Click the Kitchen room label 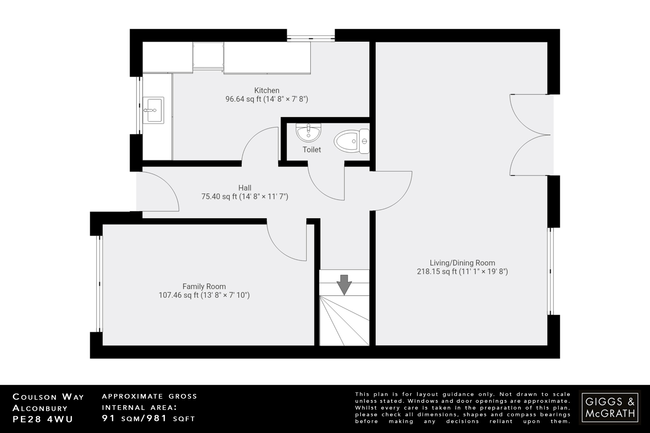tap(267, 90)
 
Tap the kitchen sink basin tap(154, 110)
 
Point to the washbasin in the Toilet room tap(308, 132)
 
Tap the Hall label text tap(245, 188)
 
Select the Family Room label tap(204, 286)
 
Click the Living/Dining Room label tap(462, 263)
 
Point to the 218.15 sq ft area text tap(462, 272)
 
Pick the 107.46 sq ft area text tap(204, 295)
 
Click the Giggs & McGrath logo tap(610, 407)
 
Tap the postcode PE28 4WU tap(43, 419)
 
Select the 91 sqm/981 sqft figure tap(148, 418)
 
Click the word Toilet tap(312, 150)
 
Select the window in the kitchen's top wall tap(311, 36)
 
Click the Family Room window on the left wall tap(100, 284)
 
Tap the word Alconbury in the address tap(40, 408)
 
